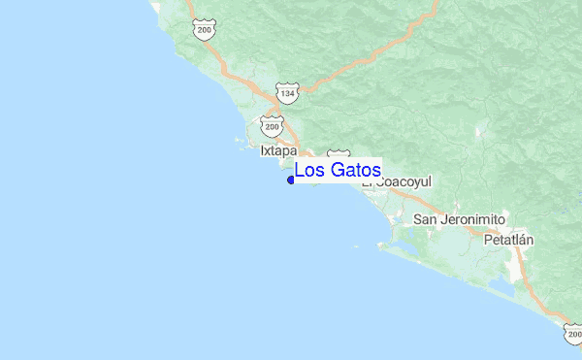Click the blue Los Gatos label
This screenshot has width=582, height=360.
(x=338, y=171)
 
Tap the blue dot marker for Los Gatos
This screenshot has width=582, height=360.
(x=291, y=180)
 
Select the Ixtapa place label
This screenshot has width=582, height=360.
(x=278, y=150)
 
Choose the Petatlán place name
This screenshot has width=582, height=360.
(x=509, y=239)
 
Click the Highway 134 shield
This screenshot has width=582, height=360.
(x=286, y=92)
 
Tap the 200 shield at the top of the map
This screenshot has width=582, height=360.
(x=204, y=31)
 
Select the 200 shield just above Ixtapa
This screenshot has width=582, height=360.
(x=272, y=126)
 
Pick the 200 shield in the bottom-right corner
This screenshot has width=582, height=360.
(x=572, y=334)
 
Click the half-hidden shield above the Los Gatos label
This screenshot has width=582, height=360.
(x=339, y=155)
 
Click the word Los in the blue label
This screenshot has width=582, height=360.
(x=309, y=171)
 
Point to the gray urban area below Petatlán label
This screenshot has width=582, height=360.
(x=514, y=254)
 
